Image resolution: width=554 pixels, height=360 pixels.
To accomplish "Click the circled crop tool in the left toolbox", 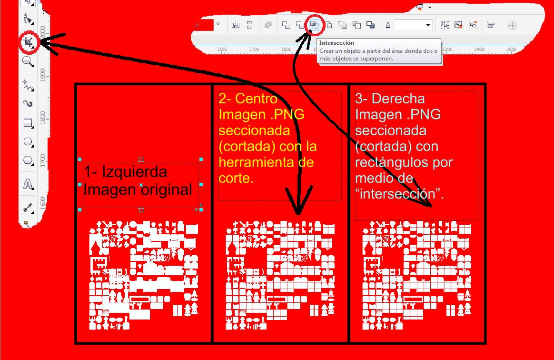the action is click(x=28, y=42).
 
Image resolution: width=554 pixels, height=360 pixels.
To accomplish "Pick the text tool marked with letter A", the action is click(x=28, y=184).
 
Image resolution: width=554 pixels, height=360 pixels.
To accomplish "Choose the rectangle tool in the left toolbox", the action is click(x=28, y=123).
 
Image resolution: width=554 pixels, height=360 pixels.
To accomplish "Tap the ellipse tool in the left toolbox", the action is click(x=28, y=142).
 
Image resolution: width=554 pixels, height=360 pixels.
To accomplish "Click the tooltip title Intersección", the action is click(x=336, y=43).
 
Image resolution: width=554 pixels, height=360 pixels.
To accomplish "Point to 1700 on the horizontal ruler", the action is click(x=254, y=50).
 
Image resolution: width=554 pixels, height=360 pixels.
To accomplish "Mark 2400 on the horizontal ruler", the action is click(x=479, y=50).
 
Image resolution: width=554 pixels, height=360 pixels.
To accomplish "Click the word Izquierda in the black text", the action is click(x=134, y=172).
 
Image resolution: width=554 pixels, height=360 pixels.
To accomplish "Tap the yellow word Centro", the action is click(x=256, y=99).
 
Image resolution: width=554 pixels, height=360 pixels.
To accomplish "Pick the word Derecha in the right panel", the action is click(x=398, y=99).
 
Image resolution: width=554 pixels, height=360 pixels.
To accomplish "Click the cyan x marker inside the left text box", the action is click(x=141, y=185).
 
